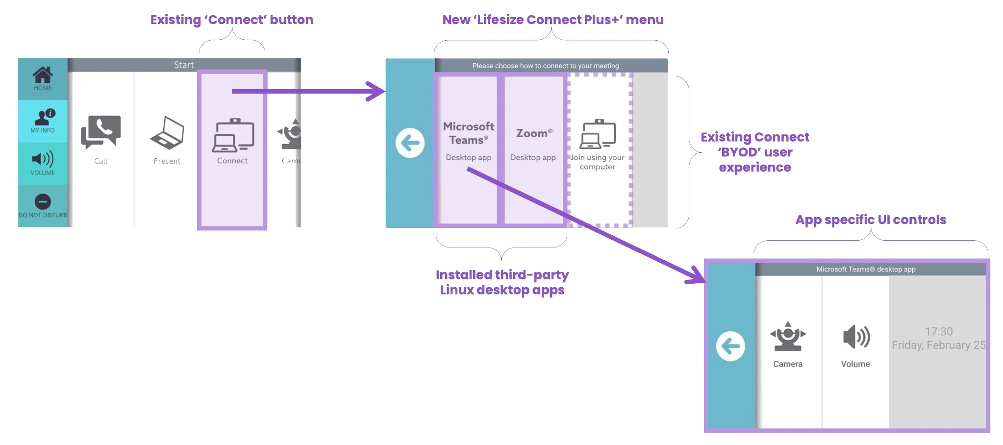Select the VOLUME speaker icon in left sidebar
[x=43, y=159]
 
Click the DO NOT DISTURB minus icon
[x=43, y=201]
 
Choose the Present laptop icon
[x=167, y=133]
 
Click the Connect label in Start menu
[x=232, y=161]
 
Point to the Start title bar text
[x=184, y=65]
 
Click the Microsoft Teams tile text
[x=468, y=133]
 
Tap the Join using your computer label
[x=597, y=162]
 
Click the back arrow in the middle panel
[x=410, y=143]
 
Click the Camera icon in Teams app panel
[x=788, y=337]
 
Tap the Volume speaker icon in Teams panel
[x=856, y=337]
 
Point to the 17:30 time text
[x=938, y=332]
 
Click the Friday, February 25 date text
[x=938, y=345]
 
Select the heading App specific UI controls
[x=871, y=220]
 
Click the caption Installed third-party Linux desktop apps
[x=502, y=282]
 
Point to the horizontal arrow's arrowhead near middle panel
[x=377, y=91]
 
